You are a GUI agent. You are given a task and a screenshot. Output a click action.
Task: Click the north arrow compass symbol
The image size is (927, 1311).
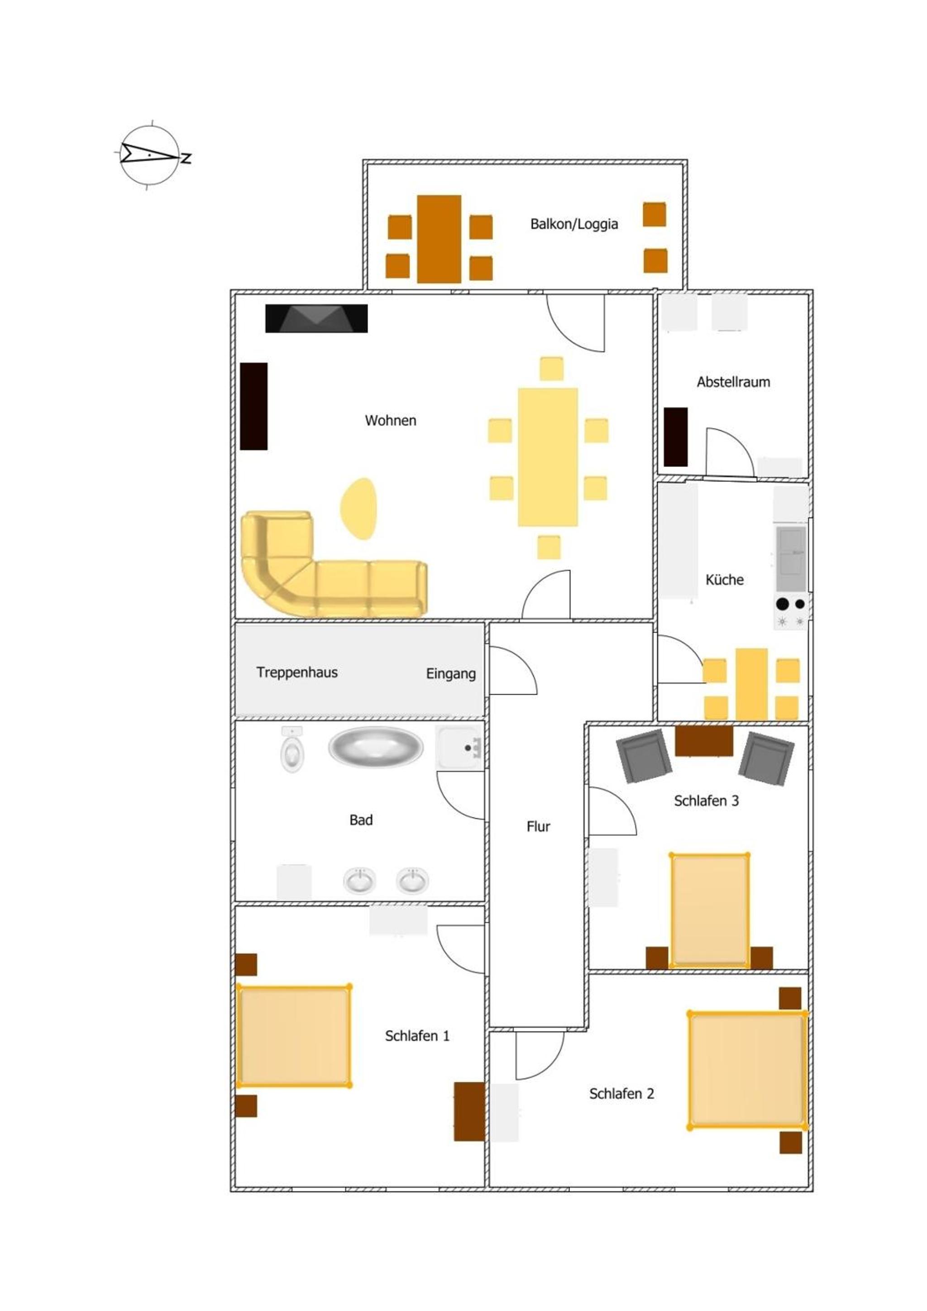(151, 155)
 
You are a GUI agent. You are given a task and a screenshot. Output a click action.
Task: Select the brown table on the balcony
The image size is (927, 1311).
(439, 239)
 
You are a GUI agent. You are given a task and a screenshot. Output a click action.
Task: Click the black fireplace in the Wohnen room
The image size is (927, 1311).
(316, 318)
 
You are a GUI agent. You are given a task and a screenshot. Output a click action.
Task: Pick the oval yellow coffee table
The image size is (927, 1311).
(359, 508)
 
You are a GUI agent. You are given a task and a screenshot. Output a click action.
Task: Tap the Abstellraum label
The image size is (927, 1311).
(733, 382)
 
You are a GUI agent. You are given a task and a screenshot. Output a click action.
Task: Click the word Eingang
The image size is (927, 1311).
(450, 674)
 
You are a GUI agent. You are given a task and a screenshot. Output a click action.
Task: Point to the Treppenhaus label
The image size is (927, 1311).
(297, 672)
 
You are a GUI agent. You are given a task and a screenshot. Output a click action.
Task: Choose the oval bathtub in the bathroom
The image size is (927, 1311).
(376, 747)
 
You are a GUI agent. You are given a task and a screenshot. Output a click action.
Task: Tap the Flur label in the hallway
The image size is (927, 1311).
(538, 826)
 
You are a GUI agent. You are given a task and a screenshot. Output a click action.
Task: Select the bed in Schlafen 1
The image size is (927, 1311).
(294, 1036)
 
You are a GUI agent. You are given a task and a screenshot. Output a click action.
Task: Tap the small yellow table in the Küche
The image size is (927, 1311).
(751, 684)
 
